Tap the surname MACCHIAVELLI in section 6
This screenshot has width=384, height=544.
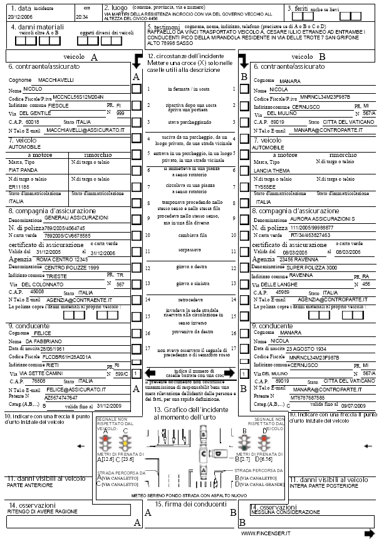click(x=57, y=80)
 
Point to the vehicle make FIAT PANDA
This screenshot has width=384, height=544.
click(x=26, y=169)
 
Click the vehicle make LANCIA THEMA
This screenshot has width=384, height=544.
click(x=272, y=170)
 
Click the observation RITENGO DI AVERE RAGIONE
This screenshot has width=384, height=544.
click(x=39, y=511)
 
